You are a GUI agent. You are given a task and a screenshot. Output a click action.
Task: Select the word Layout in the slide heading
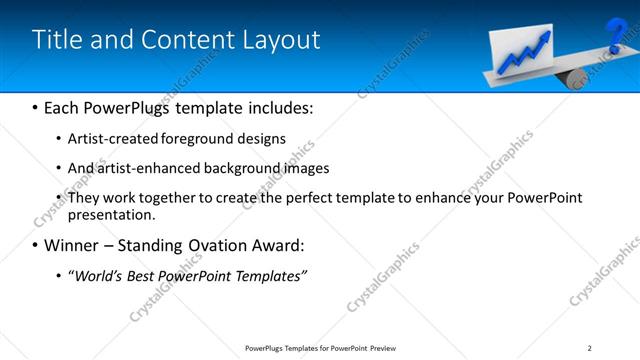282,40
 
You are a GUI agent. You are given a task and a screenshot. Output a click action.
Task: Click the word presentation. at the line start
112,215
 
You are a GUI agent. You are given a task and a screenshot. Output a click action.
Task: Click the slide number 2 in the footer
589,348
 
